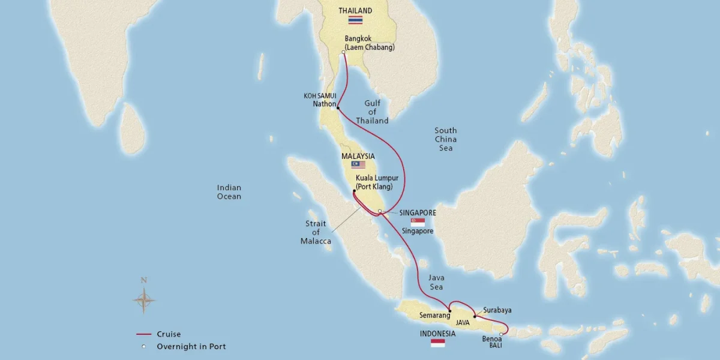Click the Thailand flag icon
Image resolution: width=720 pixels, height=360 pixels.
click(x=356, y=20)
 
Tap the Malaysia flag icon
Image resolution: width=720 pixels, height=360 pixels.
click(x=358, y=164)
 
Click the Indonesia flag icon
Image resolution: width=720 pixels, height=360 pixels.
click(x=438, y=343)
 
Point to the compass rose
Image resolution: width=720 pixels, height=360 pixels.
click(x=143, y=298)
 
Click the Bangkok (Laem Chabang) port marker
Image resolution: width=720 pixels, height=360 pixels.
click(x=343, y=53)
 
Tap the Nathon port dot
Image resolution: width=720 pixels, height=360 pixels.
click(x=338, y=108)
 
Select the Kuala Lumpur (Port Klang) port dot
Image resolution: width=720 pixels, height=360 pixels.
click(x=355, y=191)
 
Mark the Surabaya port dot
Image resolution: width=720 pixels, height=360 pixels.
click(x=475, y=316)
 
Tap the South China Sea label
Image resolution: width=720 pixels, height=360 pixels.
click(x=445, y=139)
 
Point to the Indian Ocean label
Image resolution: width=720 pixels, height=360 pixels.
click(x=229, y=192)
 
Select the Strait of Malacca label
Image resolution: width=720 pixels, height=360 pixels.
click(x=316, y=232)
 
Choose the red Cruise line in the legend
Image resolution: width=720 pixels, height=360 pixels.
click(x=143, y=334)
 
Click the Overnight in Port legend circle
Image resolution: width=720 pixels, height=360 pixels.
click(x=143, y=346)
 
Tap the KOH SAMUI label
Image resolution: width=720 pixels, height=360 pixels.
click(x=319, y=95)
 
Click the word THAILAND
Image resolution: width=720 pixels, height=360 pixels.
click(x=355, y=10)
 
